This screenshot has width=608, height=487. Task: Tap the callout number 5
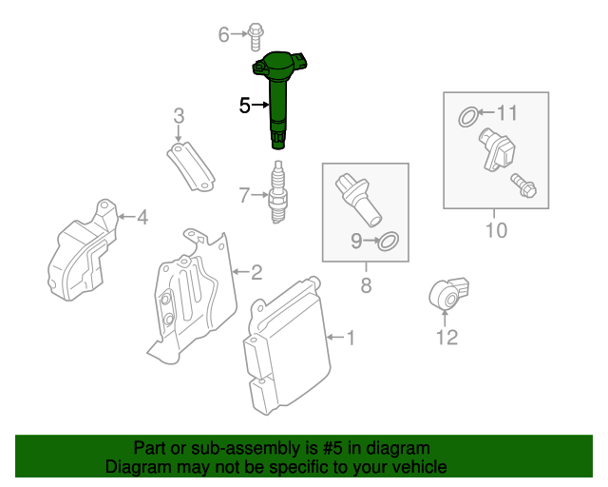click(244, 106)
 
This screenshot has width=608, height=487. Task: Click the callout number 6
click(224, 35)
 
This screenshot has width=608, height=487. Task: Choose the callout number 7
click(244, 196)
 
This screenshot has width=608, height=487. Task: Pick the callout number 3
click(178, 117)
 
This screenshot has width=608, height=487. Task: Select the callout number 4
click(142, 219)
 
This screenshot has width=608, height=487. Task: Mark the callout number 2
click(256, 273)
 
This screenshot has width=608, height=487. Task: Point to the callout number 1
click(350, 337)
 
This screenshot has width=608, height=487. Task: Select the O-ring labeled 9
click(389, 243)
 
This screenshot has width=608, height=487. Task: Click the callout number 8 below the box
click(365, 283)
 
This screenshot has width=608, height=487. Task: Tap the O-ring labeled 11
click(468, 118)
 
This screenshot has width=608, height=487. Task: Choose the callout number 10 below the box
click(496, 230)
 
